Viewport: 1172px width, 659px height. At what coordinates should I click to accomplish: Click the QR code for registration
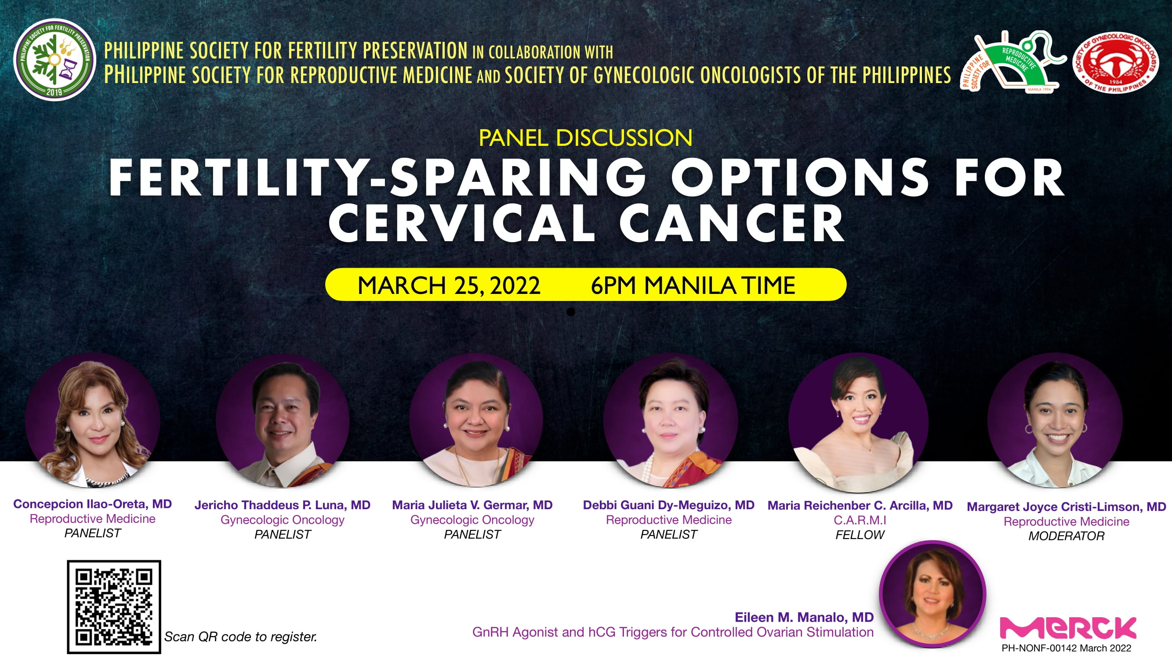point(114,607)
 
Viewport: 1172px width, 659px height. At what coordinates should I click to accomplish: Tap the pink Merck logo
point(1068,628)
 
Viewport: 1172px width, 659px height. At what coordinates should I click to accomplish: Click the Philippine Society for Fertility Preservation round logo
point(54,59)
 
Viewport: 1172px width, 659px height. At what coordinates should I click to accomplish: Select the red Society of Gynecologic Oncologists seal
point(1115,62)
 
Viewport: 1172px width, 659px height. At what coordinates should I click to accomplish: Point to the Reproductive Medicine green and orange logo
point(1013,62)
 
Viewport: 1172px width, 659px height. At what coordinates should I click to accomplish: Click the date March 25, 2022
point(449,285)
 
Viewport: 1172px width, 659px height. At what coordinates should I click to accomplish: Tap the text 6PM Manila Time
point(693,285)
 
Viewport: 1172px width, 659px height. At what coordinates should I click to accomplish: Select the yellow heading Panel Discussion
point(585,138)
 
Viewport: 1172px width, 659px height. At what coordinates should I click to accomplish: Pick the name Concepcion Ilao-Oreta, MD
point(92,504)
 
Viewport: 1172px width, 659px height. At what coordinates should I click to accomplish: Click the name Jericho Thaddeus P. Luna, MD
point(283,505)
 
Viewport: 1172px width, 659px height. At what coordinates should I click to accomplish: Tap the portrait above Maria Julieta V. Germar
point(476,421)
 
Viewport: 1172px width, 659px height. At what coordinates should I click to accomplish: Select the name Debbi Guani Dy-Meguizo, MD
point(669,505)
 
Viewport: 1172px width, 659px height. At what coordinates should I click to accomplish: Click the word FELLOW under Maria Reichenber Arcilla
point(860,535)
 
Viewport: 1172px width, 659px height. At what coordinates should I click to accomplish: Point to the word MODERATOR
point(1067,536)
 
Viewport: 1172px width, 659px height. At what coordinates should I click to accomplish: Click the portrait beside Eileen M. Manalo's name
point(933,594)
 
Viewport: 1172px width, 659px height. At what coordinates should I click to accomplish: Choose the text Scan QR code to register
point(241,637)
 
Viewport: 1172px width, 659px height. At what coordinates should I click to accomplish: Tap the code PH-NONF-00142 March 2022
point(1067,648)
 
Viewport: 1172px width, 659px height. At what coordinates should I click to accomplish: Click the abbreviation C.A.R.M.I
point(860,520)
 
